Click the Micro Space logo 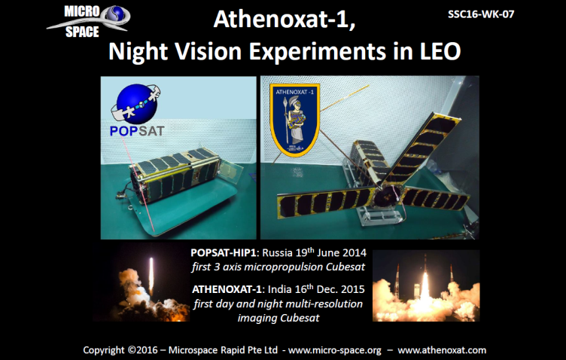pos(89,22)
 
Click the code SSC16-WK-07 pos(481,14)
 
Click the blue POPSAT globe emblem pos(136,104)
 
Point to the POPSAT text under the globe pos(137,131)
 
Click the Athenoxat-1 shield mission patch pos(295,120)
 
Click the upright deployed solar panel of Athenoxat pos(421,148)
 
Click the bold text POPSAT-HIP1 pos(224,253)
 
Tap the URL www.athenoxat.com pos(442,350)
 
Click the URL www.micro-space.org pos(335,350)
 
